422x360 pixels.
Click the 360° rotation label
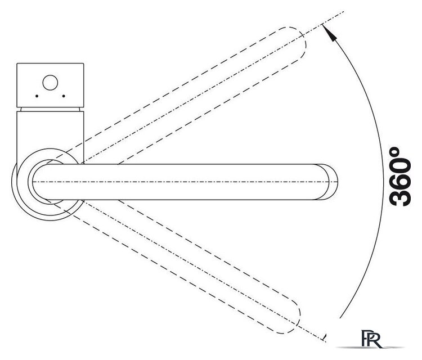pos(401,177)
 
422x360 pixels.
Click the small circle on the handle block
pos(50,83)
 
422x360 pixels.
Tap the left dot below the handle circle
pos(37,96)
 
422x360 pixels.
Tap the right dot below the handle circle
pos(64,96)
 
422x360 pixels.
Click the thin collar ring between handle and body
pos(50,109)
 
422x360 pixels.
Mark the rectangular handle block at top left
pos(50,85)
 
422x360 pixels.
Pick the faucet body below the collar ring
pos(50,132)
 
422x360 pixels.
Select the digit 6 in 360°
pos(401,181)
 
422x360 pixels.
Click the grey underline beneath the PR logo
pos(371,348)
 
